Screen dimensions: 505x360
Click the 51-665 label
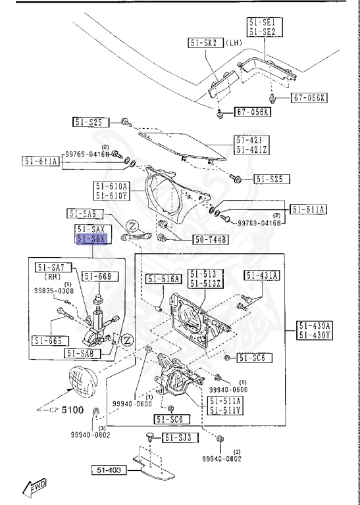point(48,340)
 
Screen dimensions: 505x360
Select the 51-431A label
point(262,275)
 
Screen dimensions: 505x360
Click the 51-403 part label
point(109,469)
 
